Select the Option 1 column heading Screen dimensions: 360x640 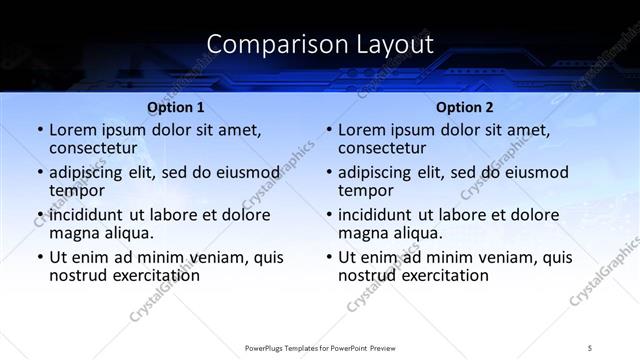coord(176,107)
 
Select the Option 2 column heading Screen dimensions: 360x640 coord(465,107)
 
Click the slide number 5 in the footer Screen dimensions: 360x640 coord(591,346)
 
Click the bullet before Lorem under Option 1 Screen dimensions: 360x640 coord(39,130)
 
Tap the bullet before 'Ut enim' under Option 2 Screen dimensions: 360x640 coord(328,257)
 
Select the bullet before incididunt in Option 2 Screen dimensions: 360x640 coord(328,214)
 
